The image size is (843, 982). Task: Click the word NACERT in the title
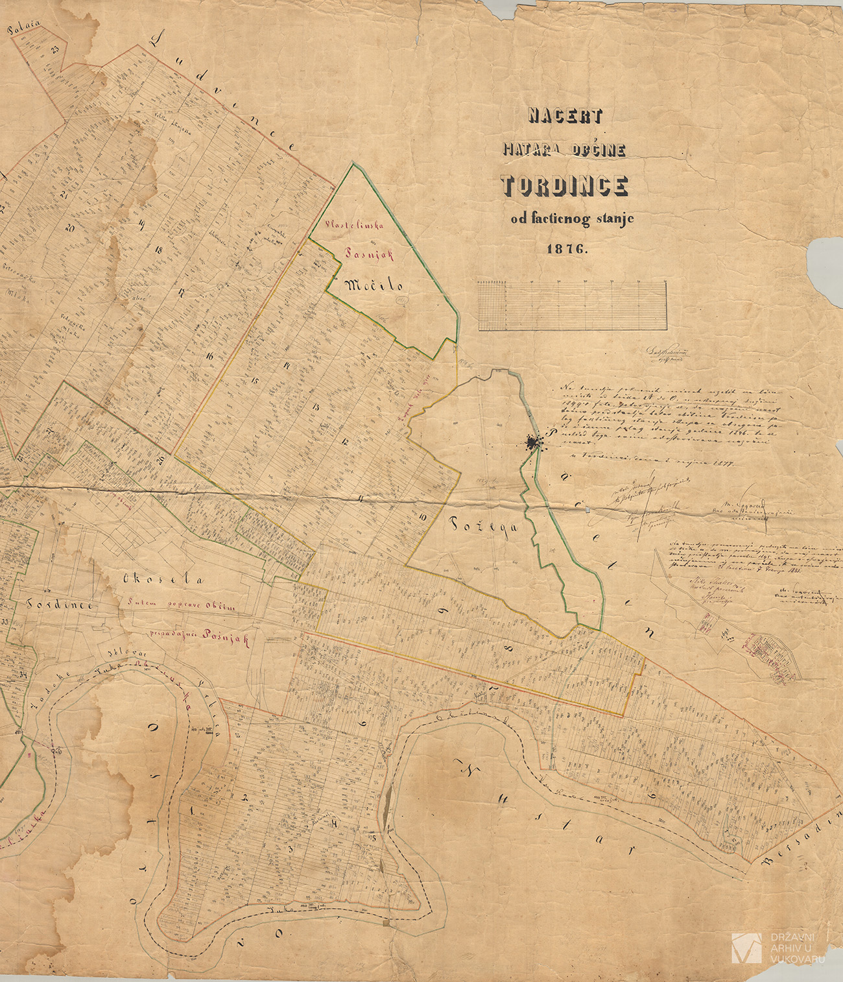click(x=565, y=116)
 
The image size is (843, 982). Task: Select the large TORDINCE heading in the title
click(x=564, y=186)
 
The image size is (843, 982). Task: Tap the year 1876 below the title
click(x=565, y=248)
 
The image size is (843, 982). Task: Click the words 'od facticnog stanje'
click(x=572, y=219)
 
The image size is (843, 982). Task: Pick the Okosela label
click(x=163, y=579)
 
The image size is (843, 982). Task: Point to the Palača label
click(x=24, y=28)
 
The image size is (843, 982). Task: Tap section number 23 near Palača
click(x=55, y=49)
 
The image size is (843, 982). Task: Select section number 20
click(x=70, y=228)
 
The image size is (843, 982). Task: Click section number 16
click(x=209, y=355)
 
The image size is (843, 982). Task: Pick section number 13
click(x=315, y=407)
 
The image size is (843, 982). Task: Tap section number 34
click(x=23, y=674)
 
